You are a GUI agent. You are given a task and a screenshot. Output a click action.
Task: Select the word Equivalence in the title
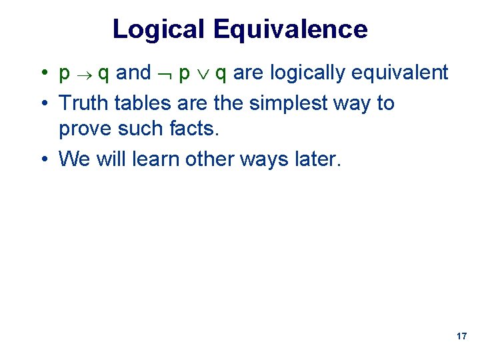(291, 29)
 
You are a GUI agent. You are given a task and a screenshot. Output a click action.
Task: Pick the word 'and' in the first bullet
(133, 73)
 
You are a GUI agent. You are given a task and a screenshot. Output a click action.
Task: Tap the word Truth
(84, 103)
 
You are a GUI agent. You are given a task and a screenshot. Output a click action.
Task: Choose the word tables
(139, 103)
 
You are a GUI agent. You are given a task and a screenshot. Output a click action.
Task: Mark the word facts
(198, 128)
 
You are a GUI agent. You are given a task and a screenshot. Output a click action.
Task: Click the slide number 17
(461, 337)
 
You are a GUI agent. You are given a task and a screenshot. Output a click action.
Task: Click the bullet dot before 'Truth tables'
(41, 104)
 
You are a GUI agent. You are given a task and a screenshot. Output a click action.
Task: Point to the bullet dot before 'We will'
(41, 159)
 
